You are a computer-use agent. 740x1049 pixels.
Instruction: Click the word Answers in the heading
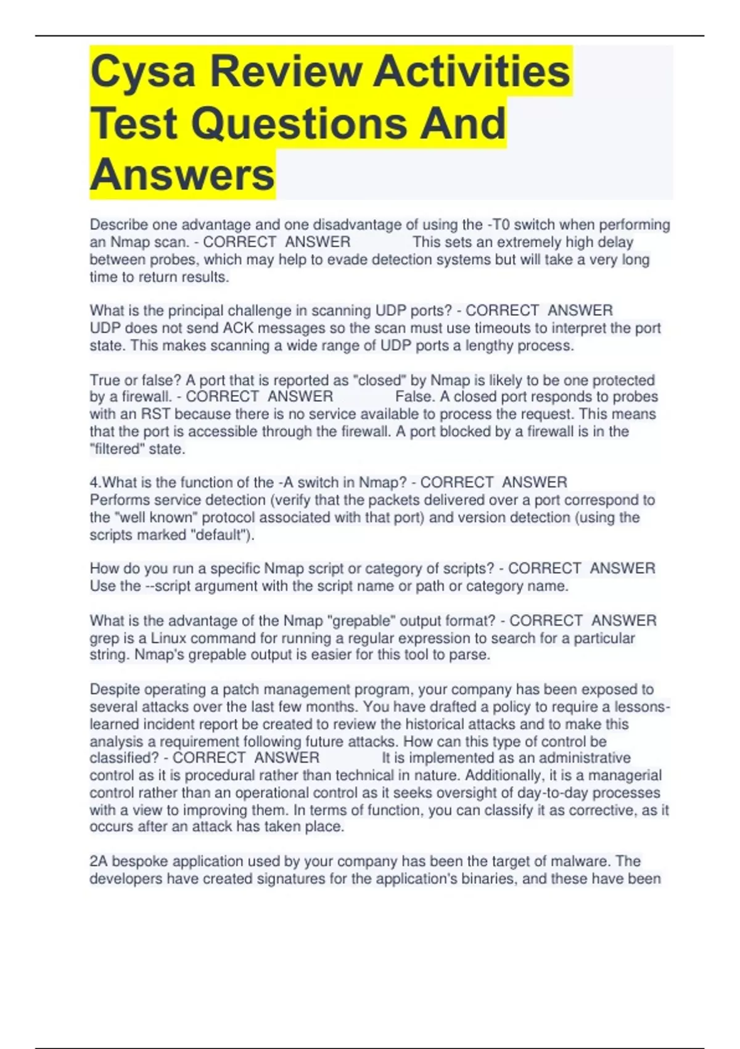(x=183, y=175)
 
